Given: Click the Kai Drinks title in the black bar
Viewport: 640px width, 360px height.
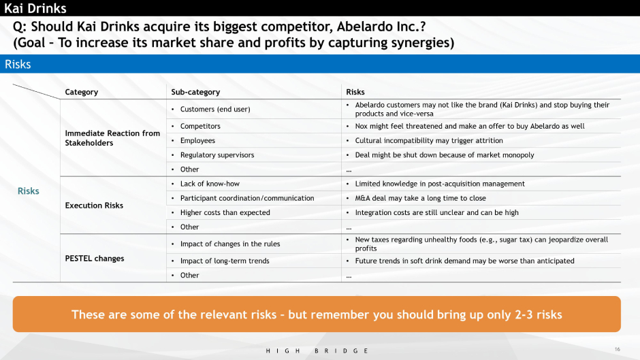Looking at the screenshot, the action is (35, 8).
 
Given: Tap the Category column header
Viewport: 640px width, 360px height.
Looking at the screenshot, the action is (81, 92).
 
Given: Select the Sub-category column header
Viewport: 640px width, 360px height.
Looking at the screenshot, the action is (195, 92).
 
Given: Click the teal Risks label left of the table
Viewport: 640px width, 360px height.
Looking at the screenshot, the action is (28, 191).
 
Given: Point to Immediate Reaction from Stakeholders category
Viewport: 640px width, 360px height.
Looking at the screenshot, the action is (112, 138).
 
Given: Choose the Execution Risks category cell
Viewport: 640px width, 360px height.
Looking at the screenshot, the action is (94, 206).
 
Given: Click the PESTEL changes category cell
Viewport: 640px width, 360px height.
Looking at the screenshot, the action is (94, 259).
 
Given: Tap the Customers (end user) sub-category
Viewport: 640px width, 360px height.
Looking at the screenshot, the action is (215, 109).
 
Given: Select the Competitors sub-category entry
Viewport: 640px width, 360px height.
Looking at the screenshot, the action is (200, 126).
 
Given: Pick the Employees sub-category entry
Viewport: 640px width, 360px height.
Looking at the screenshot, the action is (197, 140).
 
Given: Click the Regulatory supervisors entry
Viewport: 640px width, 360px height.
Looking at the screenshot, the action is (217, 154).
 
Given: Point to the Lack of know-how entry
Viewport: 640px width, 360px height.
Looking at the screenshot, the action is (210, 184).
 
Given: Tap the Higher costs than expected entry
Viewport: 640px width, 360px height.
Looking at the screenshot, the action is (225, 212).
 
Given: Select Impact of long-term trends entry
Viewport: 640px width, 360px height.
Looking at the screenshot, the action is (225, 261).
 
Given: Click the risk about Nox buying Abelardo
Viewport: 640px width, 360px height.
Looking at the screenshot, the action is (469, 126).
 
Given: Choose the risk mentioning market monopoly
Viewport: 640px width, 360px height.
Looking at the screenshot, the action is (445, 154).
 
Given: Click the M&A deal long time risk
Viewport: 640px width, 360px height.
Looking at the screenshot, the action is (420, 198).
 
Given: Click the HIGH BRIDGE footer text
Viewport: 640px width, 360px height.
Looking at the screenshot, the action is (317, 350).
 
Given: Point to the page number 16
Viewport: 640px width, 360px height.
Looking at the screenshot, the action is (617, 349).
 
